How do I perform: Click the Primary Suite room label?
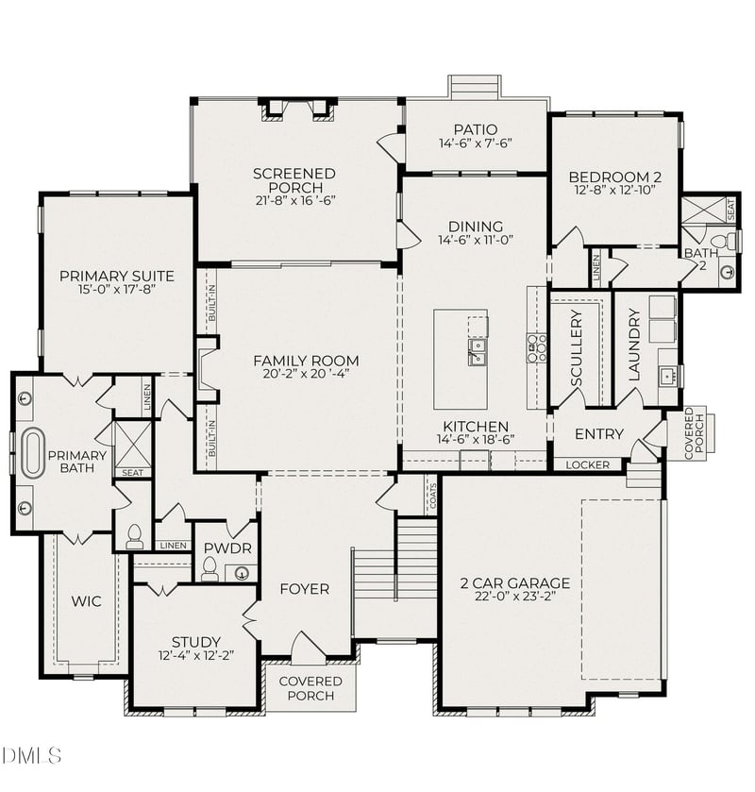coord(116,276)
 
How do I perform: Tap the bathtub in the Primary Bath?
coord(34,452)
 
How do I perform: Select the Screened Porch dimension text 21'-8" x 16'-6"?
coord(294,199)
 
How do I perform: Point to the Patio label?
coord(475,129)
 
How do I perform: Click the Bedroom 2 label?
coord(614,177)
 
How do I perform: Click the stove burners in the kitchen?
coord(537,347)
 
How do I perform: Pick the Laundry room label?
coord(634,344)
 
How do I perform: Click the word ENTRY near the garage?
coord(598,434)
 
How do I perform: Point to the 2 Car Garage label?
coord(514,582)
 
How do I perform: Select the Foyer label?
coord(305,589)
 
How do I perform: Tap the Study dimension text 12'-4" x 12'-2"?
coord(196,655)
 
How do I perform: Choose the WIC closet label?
coord(85,600)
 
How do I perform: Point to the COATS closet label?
coord(433,497)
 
